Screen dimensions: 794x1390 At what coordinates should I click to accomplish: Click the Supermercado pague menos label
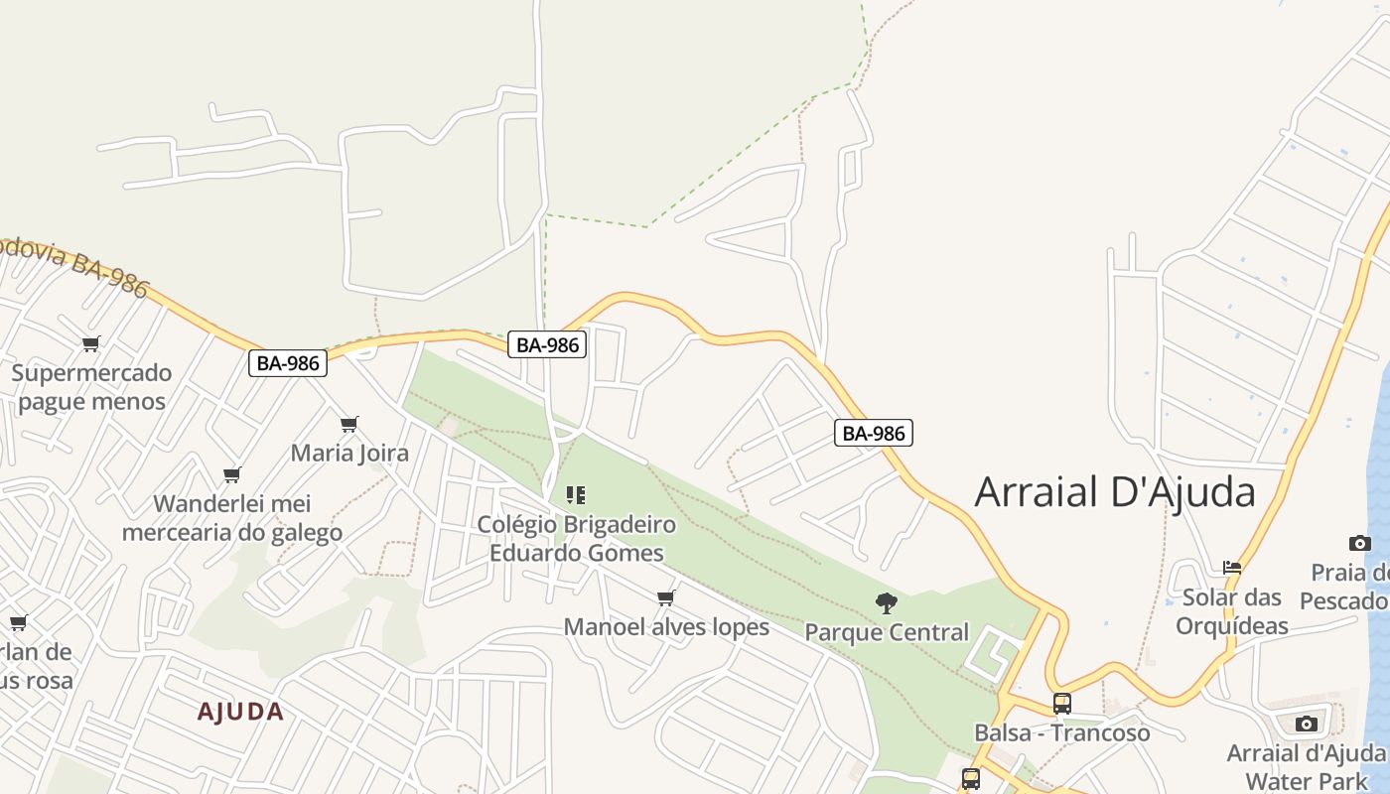click(x=91, y=387)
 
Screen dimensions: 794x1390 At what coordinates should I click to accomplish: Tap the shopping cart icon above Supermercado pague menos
click(x=91, y=344)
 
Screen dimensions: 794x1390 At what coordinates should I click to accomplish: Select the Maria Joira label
click(x=349, y=454)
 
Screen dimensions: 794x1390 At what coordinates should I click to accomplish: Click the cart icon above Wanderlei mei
click(x=232, y=474)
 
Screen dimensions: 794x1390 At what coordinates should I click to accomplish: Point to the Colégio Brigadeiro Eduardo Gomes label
click(x=576, y=538)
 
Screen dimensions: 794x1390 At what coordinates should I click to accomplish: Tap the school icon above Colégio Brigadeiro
click(x=576, y=494)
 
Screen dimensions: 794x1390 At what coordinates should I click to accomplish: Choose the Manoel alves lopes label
click(x=666, y=626)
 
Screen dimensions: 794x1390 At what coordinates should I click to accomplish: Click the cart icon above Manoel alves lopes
click(x=666, y=597)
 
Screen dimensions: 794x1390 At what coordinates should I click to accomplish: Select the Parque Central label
click(x=887, y=632)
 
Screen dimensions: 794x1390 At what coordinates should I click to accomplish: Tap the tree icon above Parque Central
click(x=887, y=602)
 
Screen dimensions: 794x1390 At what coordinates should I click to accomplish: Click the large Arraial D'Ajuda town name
click(x=1115, y=491)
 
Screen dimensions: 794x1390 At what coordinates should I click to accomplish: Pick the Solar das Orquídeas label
click(x=1232, y=611)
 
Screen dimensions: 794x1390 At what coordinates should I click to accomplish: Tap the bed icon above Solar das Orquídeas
click(x=1232, y=568)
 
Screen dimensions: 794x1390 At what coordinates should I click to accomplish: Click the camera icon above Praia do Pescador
click(x=1360, y=543)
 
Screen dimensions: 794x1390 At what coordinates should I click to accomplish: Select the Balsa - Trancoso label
click(x=1061, y=732)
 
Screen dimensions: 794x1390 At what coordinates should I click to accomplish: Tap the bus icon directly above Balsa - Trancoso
click(x=1061, y=704)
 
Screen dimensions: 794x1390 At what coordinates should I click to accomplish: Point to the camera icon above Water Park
click(x=1307, y=724)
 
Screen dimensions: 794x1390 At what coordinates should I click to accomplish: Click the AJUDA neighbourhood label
click(x=240, y=712)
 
